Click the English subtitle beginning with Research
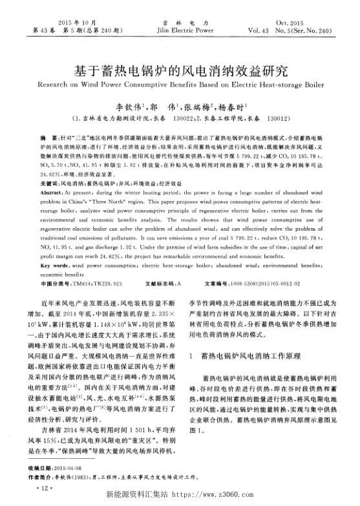click(180, 84)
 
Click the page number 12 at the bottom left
click(45, 489)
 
